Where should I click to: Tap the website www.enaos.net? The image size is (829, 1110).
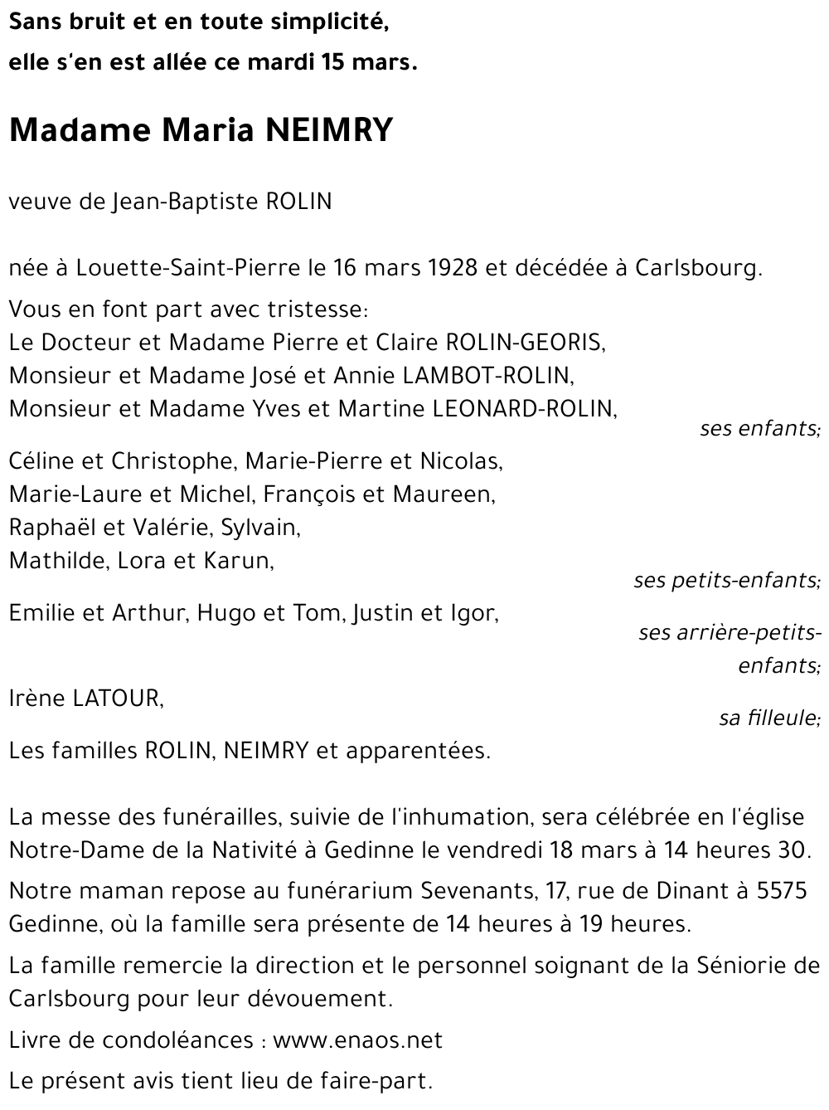(357, 1040)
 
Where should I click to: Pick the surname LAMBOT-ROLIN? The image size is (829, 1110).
(487, 376)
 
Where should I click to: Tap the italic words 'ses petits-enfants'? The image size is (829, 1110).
(726, 580)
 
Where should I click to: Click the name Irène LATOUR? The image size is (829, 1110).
(85, 699)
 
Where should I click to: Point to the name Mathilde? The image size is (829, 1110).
(57, 561)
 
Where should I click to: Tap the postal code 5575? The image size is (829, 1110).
(783, 891)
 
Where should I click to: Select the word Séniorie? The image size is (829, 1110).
(746, 965)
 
